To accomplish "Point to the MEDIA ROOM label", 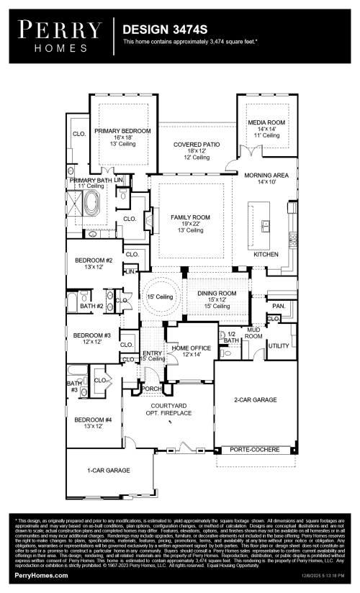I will (266, 123).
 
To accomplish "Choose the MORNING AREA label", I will (266, 175).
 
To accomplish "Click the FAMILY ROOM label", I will (190, 217).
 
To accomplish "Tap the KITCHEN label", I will (266, 255).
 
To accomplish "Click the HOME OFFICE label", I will (190, 348).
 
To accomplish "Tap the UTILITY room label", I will (278, 346).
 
